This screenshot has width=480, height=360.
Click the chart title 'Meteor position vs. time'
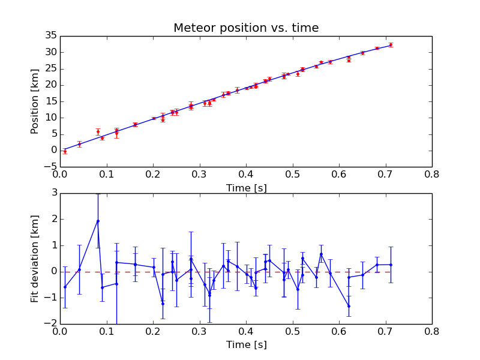[246, 28]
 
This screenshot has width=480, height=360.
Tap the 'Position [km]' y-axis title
[35, 101]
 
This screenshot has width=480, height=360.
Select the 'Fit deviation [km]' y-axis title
[35, 259]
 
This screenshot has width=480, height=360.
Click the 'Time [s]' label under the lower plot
[247, 344]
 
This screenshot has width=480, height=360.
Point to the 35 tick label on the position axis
[51, 35]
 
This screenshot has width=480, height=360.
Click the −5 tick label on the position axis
[50, 167]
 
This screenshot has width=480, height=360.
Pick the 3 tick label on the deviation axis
[55, 193]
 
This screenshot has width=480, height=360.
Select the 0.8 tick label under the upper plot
[431, 175]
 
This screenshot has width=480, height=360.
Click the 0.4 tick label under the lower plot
[246, 332]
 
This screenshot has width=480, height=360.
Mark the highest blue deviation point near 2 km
[98, 221]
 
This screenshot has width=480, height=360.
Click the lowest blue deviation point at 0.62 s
[349, 306]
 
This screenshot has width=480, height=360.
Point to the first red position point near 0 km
[65, 152]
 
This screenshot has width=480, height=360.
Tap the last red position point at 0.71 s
[391, 44]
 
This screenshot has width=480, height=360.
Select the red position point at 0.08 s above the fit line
[98, 132]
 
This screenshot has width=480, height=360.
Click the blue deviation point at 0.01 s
[65, 287]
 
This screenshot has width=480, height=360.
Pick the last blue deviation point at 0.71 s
[391, 265]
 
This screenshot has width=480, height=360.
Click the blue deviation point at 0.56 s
[321, 254]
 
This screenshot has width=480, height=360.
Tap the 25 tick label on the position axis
[51, 68]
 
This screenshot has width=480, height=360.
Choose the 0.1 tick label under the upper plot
[107, 175]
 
